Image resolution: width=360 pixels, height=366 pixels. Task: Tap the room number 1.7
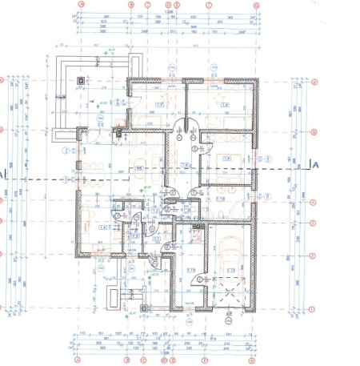point(158,105)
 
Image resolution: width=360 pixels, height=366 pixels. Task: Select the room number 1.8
point(226,105)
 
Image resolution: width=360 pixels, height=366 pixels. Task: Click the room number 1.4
point(102,228)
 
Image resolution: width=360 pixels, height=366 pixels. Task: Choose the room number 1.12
point(192,270)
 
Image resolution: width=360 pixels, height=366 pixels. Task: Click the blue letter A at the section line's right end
point(315,166)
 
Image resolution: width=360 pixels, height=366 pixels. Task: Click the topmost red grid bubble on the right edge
point(315,82)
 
